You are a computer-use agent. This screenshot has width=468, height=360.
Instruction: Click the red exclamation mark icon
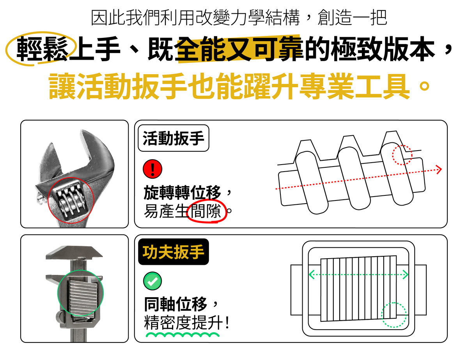[x=152, y=169]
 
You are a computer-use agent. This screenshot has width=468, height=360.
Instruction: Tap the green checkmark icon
[x=152, y=281]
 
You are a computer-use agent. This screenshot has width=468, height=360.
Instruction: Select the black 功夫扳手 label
[x=174, y=252]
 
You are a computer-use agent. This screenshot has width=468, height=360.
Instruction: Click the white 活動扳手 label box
[x=174, y=138]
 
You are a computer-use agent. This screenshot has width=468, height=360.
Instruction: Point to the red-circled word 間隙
[x=206, y=211]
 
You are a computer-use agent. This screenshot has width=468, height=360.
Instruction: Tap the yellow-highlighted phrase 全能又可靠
[x=239, y=49]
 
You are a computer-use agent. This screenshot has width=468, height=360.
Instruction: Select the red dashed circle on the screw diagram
[x=402, y=155]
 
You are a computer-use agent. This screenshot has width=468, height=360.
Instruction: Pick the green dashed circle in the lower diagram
[x=394, y=315]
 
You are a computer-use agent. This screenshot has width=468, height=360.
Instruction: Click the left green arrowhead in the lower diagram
[x=312, y=275]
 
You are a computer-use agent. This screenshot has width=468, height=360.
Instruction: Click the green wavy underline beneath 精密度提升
[x=183, y=335]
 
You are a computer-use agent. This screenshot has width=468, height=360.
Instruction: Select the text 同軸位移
[x=176, y=304]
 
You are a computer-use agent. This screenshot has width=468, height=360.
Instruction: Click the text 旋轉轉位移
[x=183, y=192]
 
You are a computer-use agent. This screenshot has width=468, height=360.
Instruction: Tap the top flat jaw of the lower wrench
[x=74, y=252]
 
